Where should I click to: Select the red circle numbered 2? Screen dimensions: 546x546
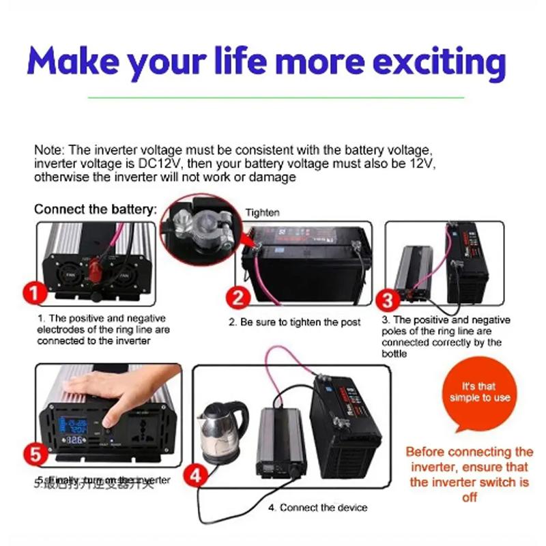click(238, 298)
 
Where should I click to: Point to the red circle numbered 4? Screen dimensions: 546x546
click(196, 475)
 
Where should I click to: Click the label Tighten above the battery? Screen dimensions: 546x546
click(263, 212)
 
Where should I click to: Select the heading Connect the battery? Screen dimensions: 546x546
click(96, 209)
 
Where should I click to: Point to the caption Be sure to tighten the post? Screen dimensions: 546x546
click(294, 321)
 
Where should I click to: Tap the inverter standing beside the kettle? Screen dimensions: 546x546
click(280, 440)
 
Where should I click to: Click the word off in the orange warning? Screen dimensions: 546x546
click(469, 497)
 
